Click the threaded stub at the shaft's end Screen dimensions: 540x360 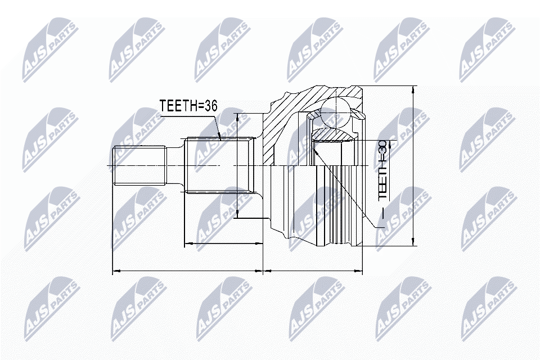(139, 166)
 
